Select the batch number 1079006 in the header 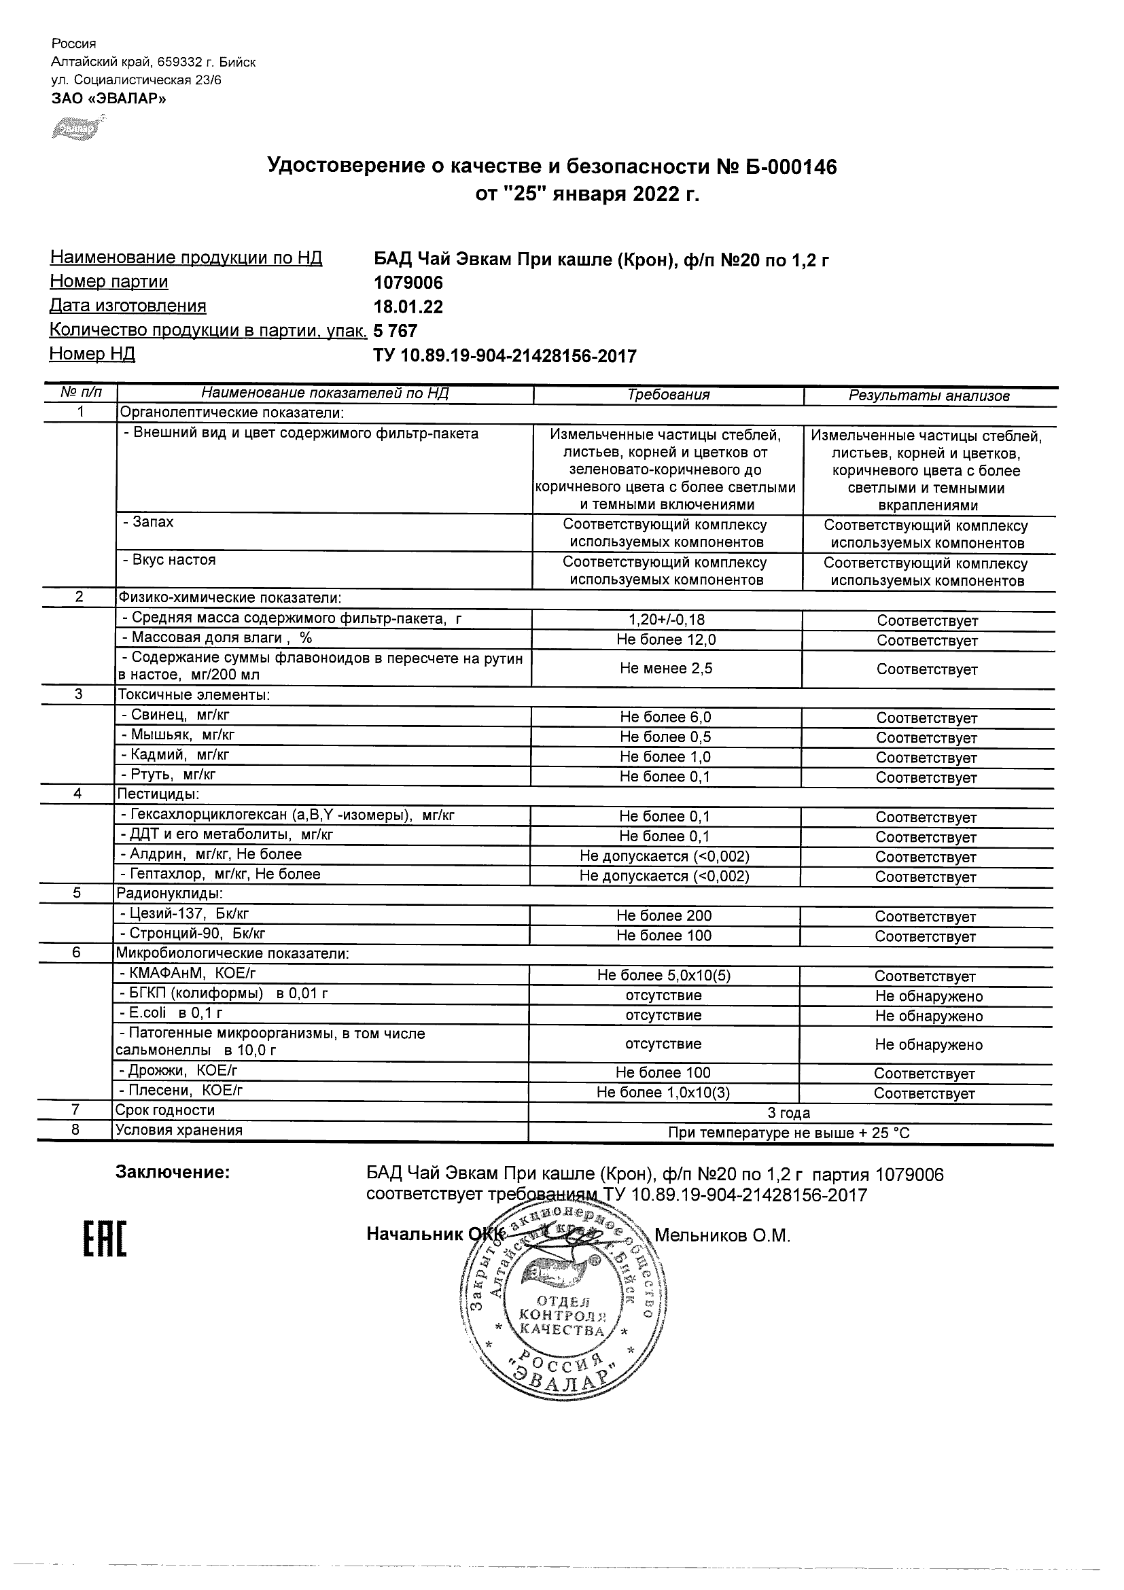tap(408, 283)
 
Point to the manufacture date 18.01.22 tap(408, 306)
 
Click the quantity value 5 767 tap(396, 331)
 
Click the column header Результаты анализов tap(929, 395)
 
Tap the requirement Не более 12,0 tap(665, 639)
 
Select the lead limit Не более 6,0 tap(665, 718)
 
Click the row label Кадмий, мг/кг tap(175, 755)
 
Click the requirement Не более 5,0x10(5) tap(663, 975)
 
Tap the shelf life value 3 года tap(788, 1113)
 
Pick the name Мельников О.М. tap(722, 1235)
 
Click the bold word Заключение tap(173, 1172)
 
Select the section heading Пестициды tap(159, 794)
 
